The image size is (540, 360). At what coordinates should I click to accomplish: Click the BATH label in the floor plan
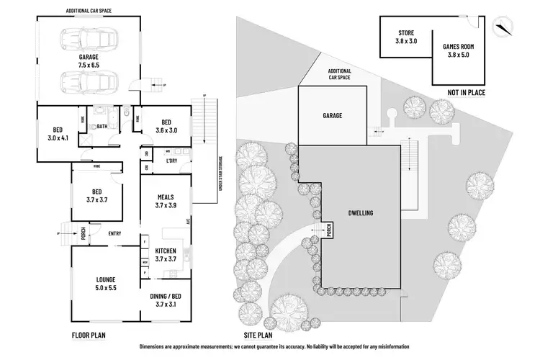coord(102,125)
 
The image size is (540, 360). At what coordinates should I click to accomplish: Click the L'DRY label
coord(172,160)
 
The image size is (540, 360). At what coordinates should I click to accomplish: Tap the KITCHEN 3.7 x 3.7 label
coord(166,255)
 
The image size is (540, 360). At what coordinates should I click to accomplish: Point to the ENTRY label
coord(114,233)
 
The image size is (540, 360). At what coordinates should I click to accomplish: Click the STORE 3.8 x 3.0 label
coord(405,37)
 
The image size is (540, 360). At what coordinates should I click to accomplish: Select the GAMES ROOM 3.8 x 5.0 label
coord(458,50)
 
